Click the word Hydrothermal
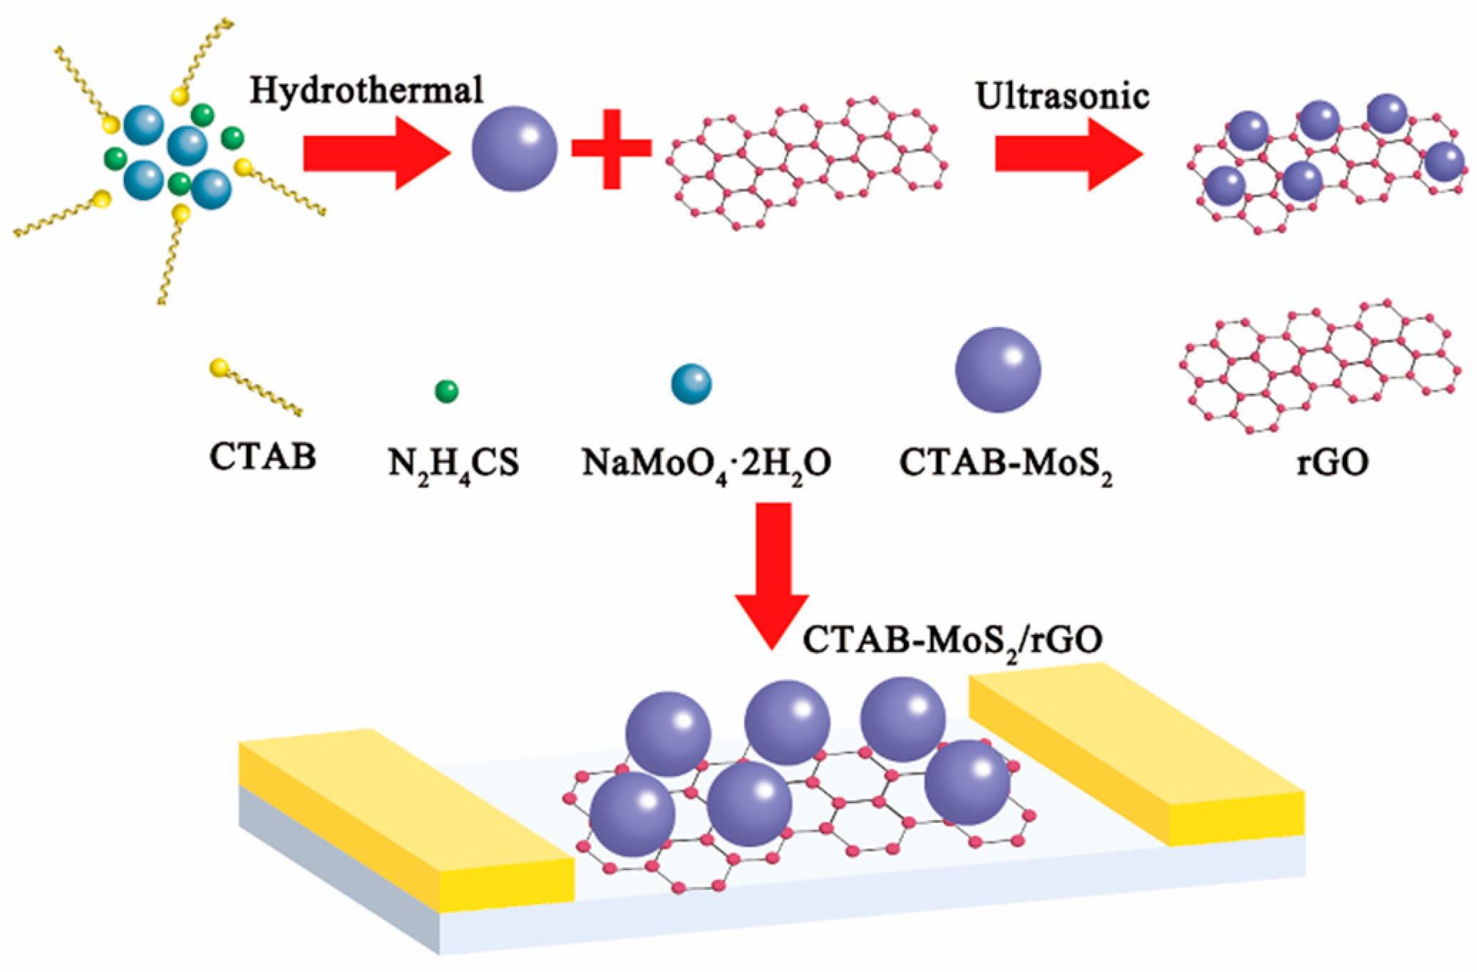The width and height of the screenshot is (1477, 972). [366, 91]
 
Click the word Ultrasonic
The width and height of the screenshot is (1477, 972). [1061, 96]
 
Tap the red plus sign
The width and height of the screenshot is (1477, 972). [612, 148]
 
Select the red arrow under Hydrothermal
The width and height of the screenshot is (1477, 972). [376, 153]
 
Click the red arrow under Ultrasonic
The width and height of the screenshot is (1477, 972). [1068, 154]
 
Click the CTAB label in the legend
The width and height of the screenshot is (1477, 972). [262, 456]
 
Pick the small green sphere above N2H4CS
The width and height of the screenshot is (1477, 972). [446, 391]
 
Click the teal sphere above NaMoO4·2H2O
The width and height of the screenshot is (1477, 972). [691, 384]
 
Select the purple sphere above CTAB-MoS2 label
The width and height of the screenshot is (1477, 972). [998, 370]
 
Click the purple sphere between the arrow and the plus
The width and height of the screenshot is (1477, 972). [514, 149]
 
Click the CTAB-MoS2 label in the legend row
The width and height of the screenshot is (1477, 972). [1005, 464]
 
